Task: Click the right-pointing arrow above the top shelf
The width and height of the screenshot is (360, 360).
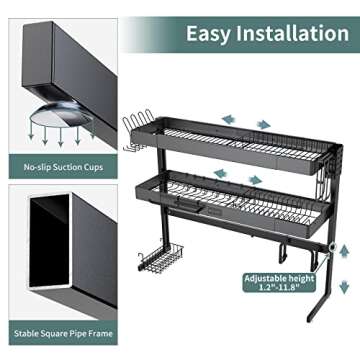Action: (263, 124)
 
